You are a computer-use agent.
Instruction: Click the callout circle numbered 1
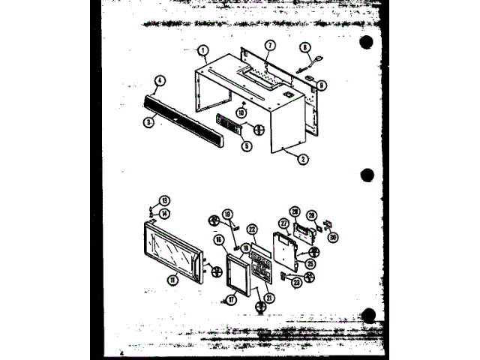pyautogui.click(x=203, y=51)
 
